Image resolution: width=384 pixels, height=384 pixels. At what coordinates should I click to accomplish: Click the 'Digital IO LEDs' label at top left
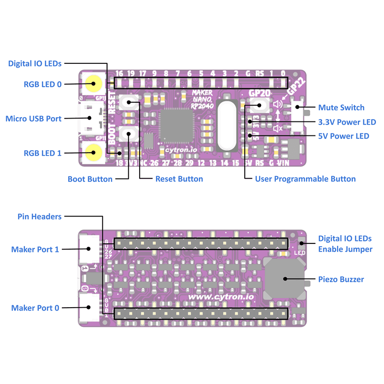tap(35, 63)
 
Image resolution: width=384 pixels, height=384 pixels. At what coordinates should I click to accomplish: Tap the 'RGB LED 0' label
tap(42, 84)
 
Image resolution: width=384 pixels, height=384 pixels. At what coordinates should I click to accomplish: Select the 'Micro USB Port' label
tap(33, 118)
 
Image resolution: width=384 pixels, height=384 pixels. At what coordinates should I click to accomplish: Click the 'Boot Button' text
tap(90, 179)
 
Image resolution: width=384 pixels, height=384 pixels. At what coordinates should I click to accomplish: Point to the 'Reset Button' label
tap(179, 179)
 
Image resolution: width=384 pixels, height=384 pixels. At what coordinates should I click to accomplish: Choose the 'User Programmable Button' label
tap(305, 179)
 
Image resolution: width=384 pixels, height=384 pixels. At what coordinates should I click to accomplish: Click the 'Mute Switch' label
tap(341, 108)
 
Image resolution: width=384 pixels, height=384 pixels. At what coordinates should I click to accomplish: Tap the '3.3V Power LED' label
tap(347, 122)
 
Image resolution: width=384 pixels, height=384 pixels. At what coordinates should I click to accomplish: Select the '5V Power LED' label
tap(344, 136)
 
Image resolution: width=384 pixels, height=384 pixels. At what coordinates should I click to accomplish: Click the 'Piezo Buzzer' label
tap(341, 279)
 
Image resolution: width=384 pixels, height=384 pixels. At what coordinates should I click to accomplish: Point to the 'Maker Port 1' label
tap(35, 249)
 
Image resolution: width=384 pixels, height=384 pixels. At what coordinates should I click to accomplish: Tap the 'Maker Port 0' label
tap(35, 308)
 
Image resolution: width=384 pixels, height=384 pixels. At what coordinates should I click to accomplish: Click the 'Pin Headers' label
tap(39, 216)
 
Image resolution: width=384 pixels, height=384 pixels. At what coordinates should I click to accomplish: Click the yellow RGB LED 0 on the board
tap(93, 84)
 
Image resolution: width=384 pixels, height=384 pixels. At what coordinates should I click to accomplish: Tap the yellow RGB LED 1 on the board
tap(93, 153)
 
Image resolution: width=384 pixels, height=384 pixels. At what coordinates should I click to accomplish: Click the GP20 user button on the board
tap(259, 105)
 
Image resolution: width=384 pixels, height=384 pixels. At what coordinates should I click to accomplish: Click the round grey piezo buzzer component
tap(285, 279)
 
